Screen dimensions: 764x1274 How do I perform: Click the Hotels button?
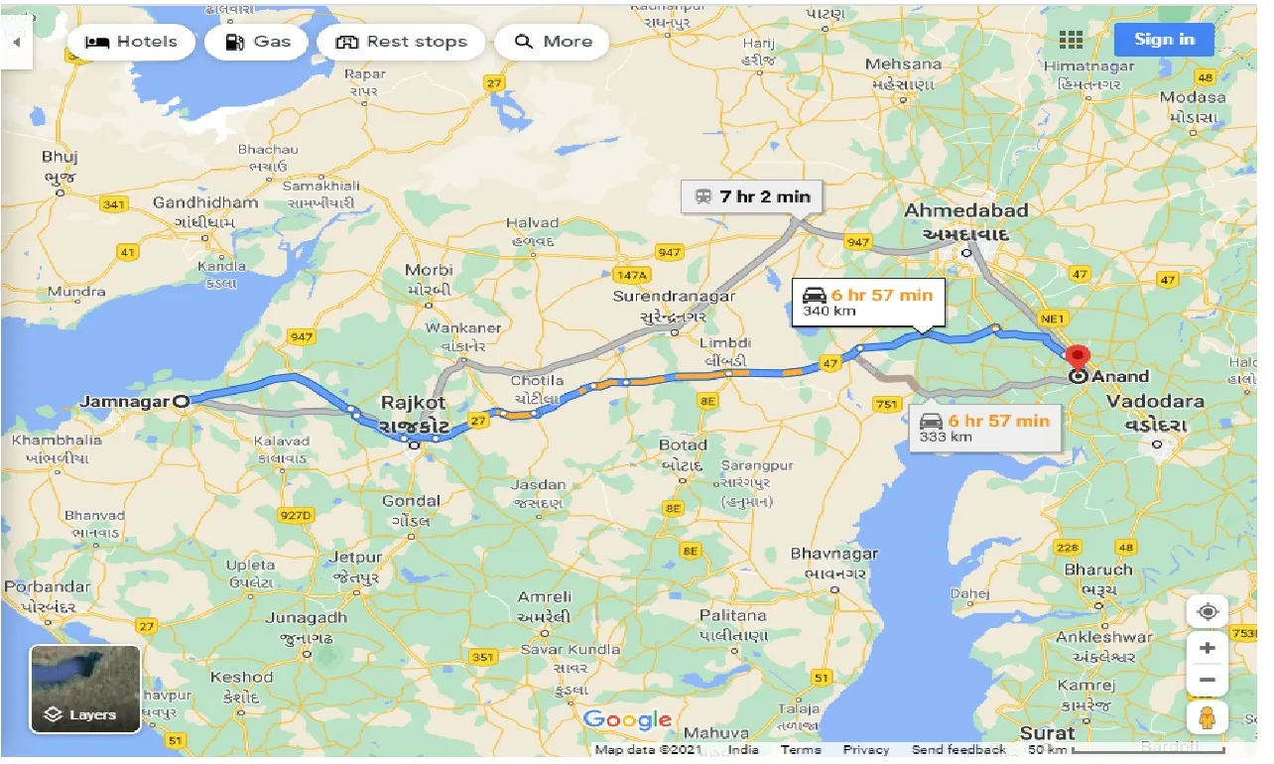coord(132,42)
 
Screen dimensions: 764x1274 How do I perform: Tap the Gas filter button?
coord(258,42)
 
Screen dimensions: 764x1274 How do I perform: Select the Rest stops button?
coord(401,42)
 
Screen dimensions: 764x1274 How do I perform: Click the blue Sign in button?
coord(1164,40)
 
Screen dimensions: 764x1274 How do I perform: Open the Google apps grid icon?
coord(1071,40)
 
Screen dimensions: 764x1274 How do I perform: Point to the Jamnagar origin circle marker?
coord(181,401)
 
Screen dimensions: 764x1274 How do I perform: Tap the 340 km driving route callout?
coord(868,302)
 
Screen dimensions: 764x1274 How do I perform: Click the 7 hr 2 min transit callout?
coord(753,196)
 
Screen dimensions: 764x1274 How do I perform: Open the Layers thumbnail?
coord(85,689)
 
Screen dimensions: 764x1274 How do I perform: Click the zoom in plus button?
coord(1207,648)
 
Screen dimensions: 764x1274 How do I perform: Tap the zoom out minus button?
coord(1207,681)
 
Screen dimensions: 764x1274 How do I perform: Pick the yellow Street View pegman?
coord(1207,717)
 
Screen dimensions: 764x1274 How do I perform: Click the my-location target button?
coord(1207,611)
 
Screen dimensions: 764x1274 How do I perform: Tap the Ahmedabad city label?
coord(965,211)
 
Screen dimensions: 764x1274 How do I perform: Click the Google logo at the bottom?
coord(627,720)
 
